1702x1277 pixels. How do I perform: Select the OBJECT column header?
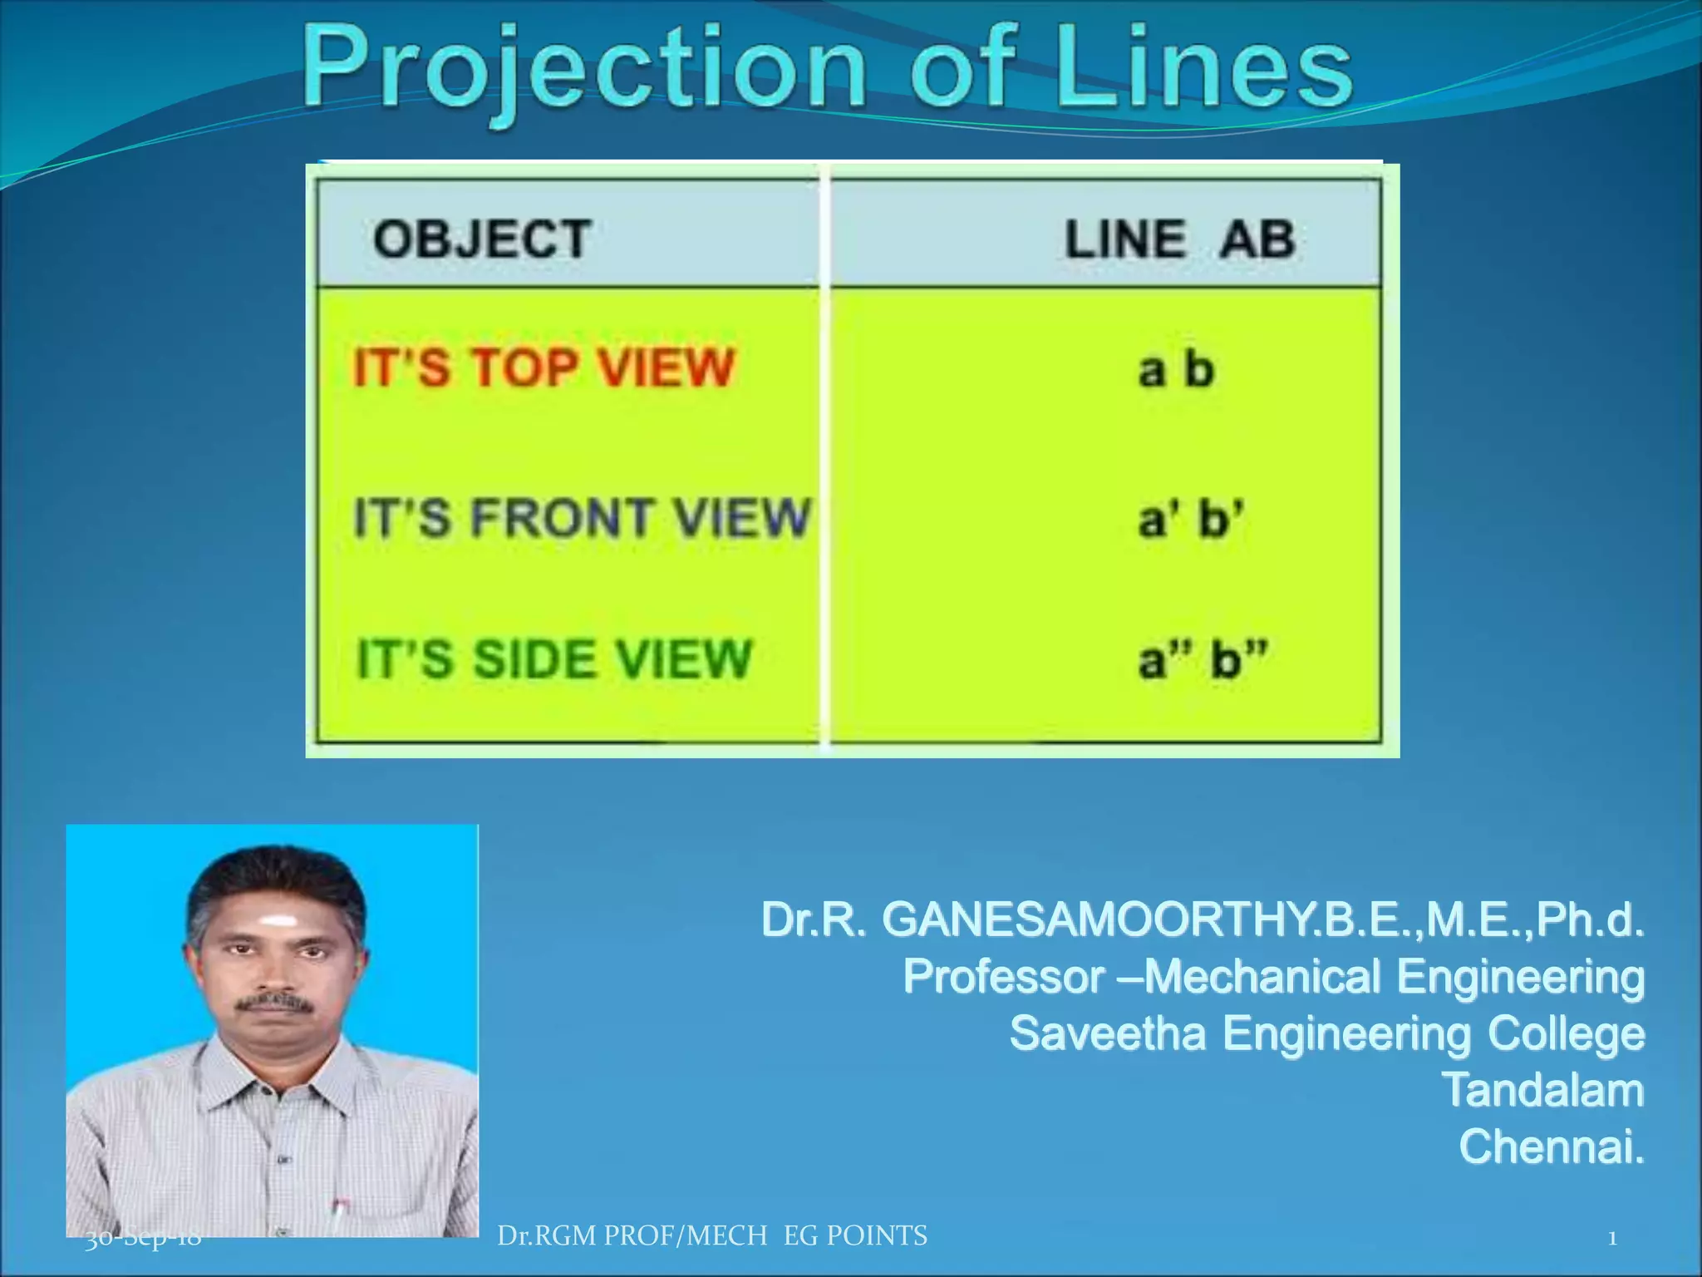point(482,239)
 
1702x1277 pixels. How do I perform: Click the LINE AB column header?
point(1180,239)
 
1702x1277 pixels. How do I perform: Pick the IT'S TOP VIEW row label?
point(544,367)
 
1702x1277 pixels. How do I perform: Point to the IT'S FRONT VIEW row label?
point(582,517)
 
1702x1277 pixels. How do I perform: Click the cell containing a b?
point(1176,369)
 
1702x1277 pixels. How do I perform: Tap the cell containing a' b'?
point(1191,519)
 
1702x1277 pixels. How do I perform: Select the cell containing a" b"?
point(1203,660)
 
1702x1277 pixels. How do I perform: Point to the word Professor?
point(1003,977)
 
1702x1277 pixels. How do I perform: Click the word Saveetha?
point(1107,1033)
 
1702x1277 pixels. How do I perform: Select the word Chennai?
point(1551,1146)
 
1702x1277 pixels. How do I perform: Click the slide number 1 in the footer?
point(1612,1239)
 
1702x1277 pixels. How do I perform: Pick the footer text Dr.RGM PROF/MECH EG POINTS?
point(712,1236)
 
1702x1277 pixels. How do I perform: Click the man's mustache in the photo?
point(275,1003)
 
